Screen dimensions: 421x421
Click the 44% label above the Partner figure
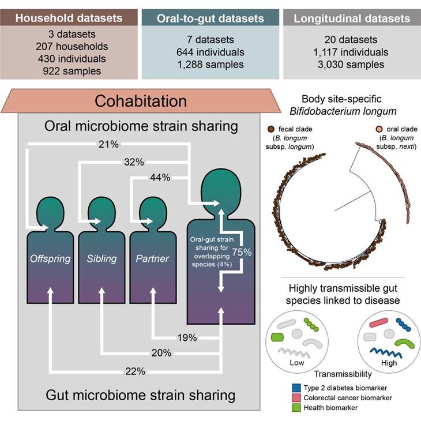(x=160, y=178)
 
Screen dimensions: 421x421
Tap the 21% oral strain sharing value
(x=108, y=144)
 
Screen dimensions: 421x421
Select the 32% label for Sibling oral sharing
(x=134, y=162)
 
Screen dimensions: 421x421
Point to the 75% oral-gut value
(x=242, y=252)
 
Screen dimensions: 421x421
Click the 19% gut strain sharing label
(x=187, y=337)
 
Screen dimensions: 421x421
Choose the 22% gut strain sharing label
(x=136, y=371)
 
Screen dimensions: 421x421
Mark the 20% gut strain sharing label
(x=161, y=353)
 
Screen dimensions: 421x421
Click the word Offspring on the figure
(x=50, y=258)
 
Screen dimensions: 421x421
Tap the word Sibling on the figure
(x=102, y=258)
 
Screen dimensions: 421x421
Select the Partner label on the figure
(x=152, y=258)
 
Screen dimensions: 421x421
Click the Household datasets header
(x=69, y=18)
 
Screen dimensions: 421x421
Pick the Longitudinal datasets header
(x=352, y=18)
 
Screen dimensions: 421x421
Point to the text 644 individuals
(x=210, y=52)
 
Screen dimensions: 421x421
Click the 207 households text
(x=72, y=47)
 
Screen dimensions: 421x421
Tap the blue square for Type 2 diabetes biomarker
(x=296, y=388)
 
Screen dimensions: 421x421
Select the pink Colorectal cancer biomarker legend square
(x=296, y=397)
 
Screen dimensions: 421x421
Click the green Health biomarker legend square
(x=296, y=408)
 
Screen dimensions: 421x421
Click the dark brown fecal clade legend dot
(x=271, y=129)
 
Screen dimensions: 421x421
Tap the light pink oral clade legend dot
(x=379, y=129)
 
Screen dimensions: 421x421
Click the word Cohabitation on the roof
(x=141, y=102)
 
